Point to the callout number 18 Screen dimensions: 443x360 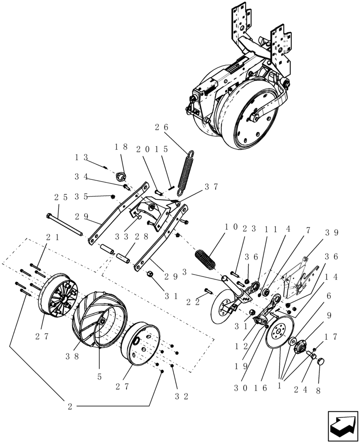tap(121, 147)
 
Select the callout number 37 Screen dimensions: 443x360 tap(211, 187)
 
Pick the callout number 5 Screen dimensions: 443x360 tap(99, 377)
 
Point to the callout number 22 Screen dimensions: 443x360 tap(193, 302)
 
